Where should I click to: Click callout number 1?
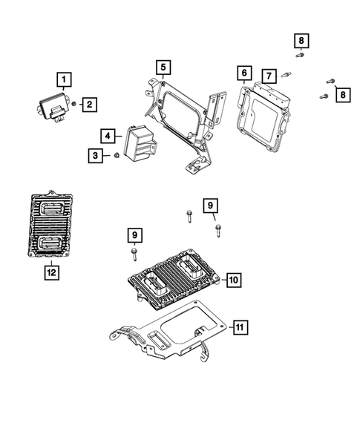coord(65,79)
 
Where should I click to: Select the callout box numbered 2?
coord(88,105)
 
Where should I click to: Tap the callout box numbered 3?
coord(96,155)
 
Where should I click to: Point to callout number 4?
coord(108,136)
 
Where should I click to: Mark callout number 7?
coord(268,75)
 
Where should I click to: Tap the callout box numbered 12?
coord(50,272)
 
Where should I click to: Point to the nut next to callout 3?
coord(117,155)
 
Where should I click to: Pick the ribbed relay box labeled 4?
coord(141,142)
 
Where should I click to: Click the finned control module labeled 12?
coord(50,226)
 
